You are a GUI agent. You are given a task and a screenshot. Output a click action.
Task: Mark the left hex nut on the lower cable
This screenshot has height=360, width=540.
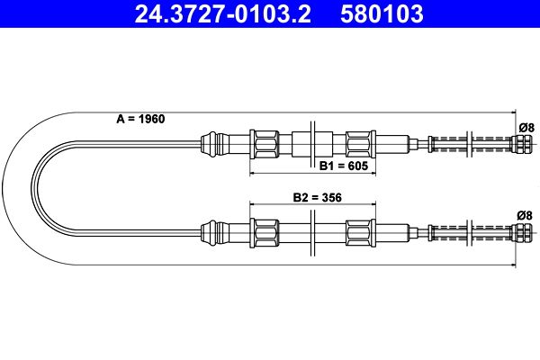tap(266, 232)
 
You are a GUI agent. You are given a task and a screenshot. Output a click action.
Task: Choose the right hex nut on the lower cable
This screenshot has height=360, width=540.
tap(359, 232)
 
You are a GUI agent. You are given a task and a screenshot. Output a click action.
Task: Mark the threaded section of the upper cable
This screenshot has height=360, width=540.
tap(468, 143)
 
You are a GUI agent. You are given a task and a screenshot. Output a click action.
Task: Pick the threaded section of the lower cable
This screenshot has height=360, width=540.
tap(468, 233)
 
